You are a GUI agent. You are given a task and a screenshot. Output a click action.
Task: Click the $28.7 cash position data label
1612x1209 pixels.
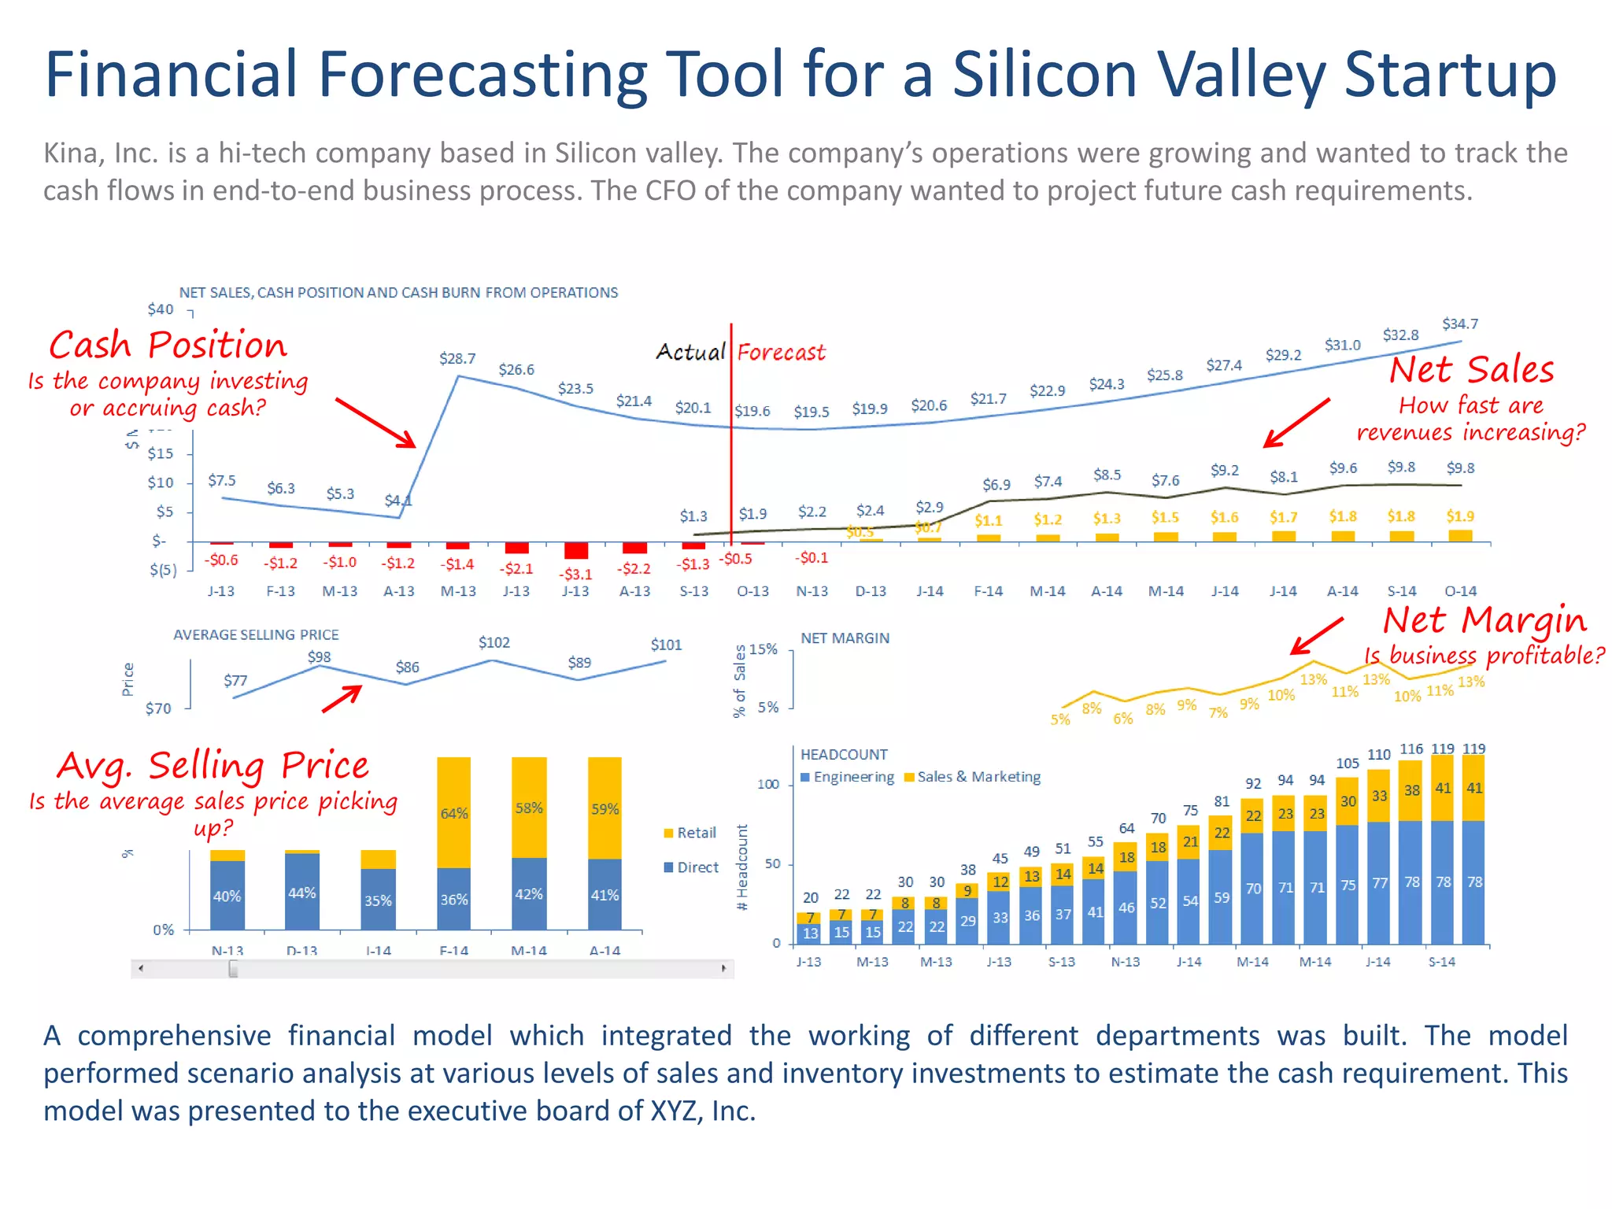coord(457,359)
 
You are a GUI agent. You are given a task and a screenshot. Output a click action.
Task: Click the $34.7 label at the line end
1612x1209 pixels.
coord(1460,324)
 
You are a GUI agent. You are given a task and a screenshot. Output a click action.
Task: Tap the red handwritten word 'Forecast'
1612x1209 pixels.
coord(781,352)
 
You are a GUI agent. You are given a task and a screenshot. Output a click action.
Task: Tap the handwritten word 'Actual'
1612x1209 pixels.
coord(690,352)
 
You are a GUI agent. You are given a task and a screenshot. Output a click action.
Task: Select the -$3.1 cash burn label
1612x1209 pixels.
coord(575,575)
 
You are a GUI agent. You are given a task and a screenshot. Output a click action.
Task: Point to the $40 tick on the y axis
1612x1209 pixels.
coord(161,309)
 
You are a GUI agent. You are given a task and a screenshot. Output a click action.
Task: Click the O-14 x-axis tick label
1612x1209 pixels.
coord(1461,591)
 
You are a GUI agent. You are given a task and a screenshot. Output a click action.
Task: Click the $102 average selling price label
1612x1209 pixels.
coord(494,643)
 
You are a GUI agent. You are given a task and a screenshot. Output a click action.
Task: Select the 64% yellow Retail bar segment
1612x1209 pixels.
coord(454,812)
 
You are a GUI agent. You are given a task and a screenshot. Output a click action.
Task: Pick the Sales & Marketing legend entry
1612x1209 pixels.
coord(973,777)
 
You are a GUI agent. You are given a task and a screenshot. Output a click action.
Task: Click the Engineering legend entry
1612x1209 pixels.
coord(848,777)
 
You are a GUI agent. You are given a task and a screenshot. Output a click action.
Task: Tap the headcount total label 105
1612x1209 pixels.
coord(1348,763)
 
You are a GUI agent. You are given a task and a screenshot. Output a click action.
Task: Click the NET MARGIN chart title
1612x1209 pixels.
coord(845,638)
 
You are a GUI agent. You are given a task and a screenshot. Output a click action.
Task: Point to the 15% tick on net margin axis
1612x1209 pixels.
coord(763,649)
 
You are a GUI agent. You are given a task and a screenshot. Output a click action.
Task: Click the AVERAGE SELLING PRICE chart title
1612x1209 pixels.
coord(256,634)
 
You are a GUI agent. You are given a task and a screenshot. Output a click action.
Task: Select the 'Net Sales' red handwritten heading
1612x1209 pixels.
coord(1471,370)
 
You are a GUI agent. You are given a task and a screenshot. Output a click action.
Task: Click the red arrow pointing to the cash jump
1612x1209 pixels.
coord(375,423)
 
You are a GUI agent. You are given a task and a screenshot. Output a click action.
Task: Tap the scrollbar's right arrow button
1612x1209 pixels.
coord(723,968)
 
